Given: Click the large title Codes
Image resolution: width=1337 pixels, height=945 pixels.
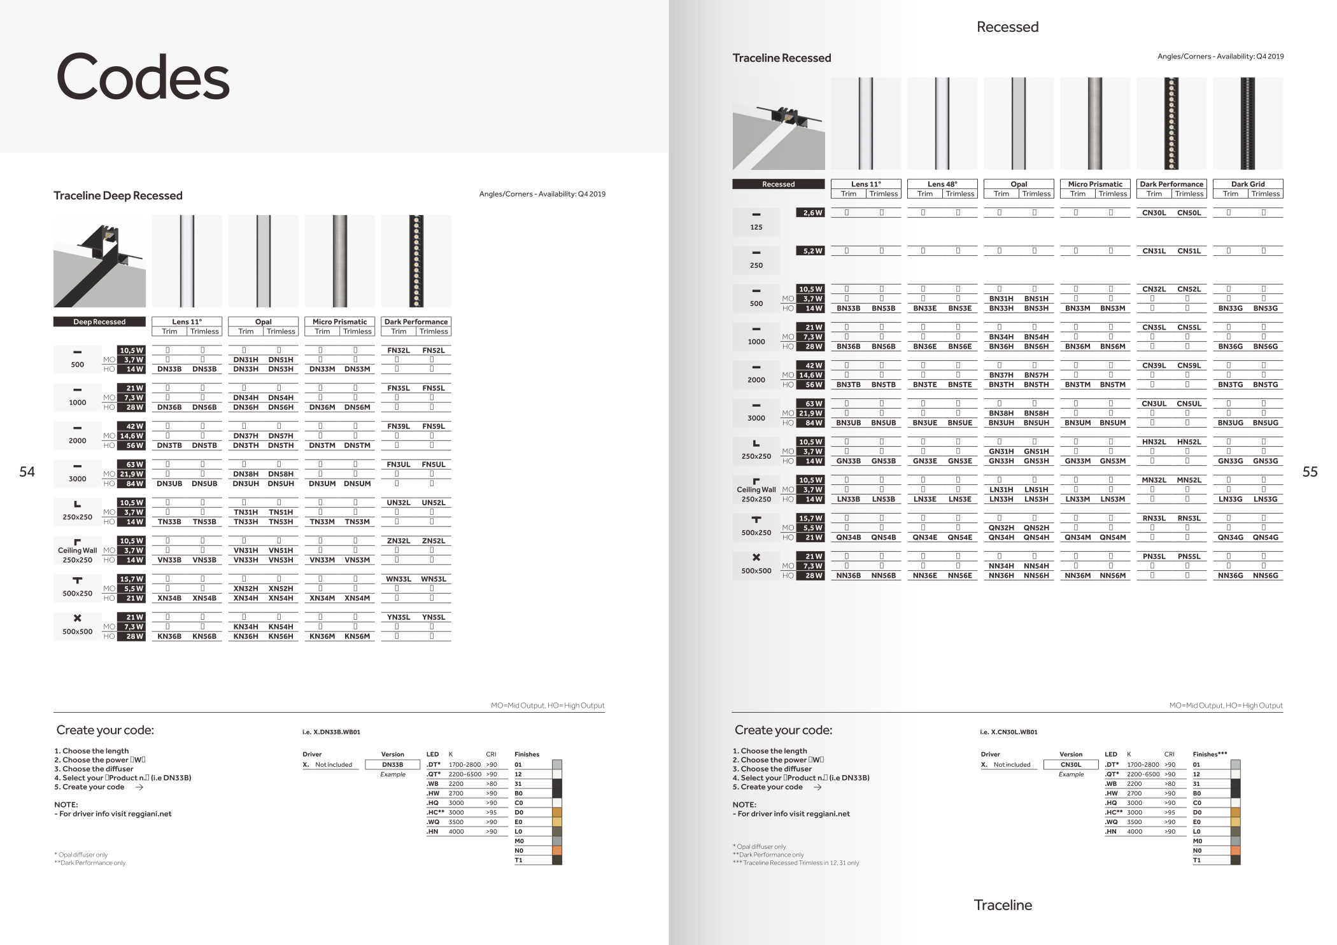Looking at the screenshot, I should click(143, 78).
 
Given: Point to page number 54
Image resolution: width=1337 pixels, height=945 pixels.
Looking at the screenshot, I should click(27, 472).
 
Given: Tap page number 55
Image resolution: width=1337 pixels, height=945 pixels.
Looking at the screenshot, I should click(1310, 472).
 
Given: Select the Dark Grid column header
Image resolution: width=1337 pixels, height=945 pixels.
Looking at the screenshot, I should click(1248, 184).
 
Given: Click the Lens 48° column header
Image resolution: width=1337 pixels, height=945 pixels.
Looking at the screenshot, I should click(942, 184).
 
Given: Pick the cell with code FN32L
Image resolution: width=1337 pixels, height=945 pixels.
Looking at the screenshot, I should click(399, 350).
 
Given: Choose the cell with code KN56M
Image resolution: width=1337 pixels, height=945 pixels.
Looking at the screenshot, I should click(357, 636).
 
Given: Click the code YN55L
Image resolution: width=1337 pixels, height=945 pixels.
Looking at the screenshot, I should click(434, 617).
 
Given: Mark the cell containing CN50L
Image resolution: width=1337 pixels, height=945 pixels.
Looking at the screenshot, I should click(1189, 213).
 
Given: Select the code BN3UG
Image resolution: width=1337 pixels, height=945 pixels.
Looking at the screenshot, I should click(1230, 423).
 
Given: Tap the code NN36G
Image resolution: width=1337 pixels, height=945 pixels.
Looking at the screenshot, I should click(1230, 575).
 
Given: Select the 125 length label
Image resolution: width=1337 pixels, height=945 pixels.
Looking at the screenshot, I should click(756, 227).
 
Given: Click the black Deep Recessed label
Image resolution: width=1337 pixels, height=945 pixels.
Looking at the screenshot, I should click(99, 322).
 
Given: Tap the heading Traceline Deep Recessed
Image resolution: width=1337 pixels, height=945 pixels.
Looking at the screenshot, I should click(118, 195).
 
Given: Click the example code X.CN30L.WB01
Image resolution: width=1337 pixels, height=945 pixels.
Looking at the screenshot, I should click(1008, 732).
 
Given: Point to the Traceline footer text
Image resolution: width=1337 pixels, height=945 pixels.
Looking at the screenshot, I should click(1003, 905).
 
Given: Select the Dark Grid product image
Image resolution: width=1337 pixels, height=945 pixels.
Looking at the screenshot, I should click(1248, 123).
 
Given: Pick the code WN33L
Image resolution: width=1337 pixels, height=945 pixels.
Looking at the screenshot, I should click(399, 579).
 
